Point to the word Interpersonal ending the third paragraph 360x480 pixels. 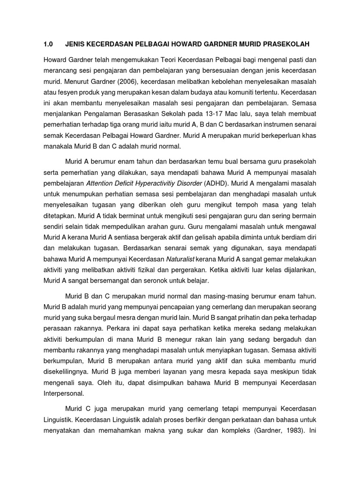tap(64, 393)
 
